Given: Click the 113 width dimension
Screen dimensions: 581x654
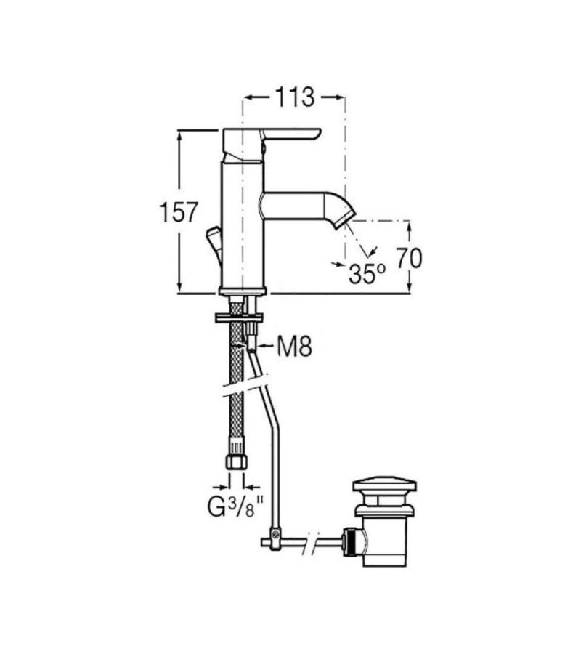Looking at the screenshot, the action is click(x=294, y=97).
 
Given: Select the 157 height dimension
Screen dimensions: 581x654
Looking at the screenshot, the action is click(x=178, y=212).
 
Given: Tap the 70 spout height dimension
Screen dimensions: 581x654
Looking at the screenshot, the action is click(x=408, y=258).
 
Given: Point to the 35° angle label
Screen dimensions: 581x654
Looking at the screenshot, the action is click(x=367, y=274).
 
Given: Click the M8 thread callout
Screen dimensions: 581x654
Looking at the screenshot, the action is click(x=295, y=346).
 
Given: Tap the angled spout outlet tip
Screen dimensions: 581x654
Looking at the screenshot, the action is click(x=345, y=219).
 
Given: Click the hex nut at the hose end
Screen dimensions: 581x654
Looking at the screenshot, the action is click(x=237, y=461).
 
